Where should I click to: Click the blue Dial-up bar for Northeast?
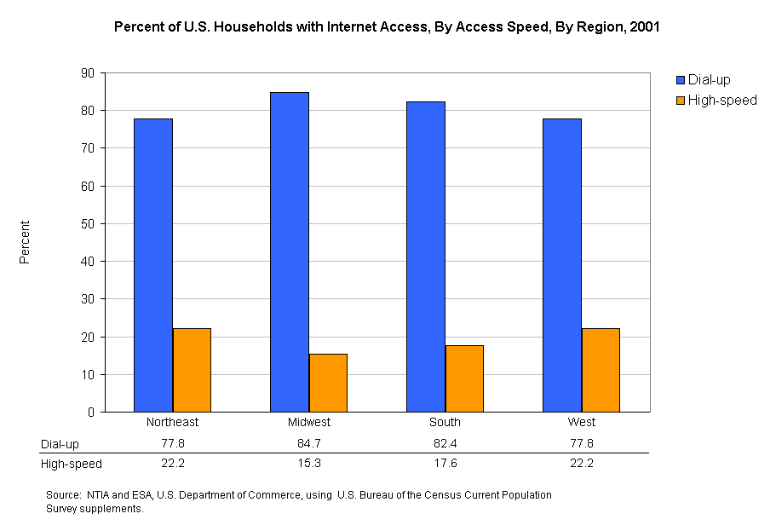[x=153, y=265]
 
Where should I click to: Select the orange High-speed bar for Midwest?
[x=328, y=383]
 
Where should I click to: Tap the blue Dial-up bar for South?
[x=426, y=257]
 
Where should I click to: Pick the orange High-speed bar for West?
[x=601, y=370]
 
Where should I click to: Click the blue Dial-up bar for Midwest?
[x=290, y=252]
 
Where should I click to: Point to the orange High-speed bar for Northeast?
[x=192, y=370]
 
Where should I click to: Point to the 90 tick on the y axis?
[x=87, y=73]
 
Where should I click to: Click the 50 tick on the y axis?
[x=87, y=224]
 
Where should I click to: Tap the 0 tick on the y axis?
[x=90, y=413]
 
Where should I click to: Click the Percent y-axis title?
[x=25, y=242]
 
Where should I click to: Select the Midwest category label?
[x=308, y=423]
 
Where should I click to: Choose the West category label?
[x=581, y=423]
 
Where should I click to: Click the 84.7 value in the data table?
[x=308, y=444]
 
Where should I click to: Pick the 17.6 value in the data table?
[x=445, y=464]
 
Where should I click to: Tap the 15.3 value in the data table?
[x=308, y=464]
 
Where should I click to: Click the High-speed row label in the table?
[x=72, y=464]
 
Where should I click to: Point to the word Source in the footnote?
[x=64, y=495]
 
